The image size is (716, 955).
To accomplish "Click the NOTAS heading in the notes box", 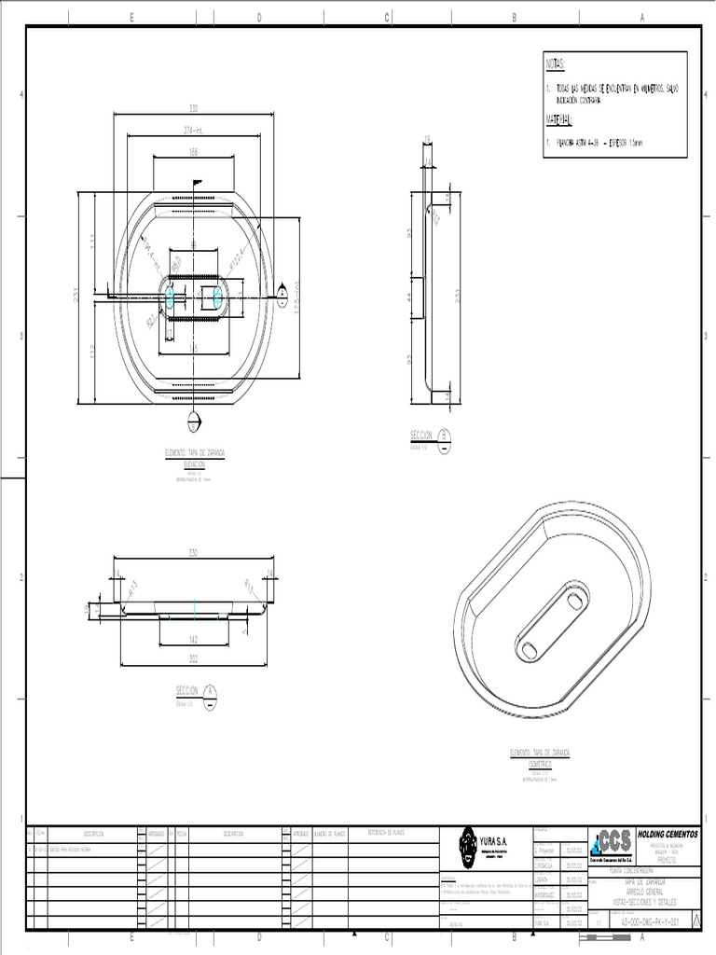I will point(555,63).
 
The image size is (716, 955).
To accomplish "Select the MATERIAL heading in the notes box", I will point(559,121).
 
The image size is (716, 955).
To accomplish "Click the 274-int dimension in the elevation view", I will point(193,130).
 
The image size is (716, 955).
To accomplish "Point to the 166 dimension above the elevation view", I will point(193,151).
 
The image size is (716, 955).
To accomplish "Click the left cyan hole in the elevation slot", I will point(170,297).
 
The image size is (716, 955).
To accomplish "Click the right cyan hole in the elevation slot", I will point(218,297).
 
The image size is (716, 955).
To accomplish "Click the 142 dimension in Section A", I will point(194,639).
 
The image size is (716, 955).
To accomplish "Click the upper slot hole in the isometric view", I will point(574,597).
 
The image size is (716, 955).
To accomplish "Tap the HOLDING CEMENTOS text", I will point(667,833).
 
